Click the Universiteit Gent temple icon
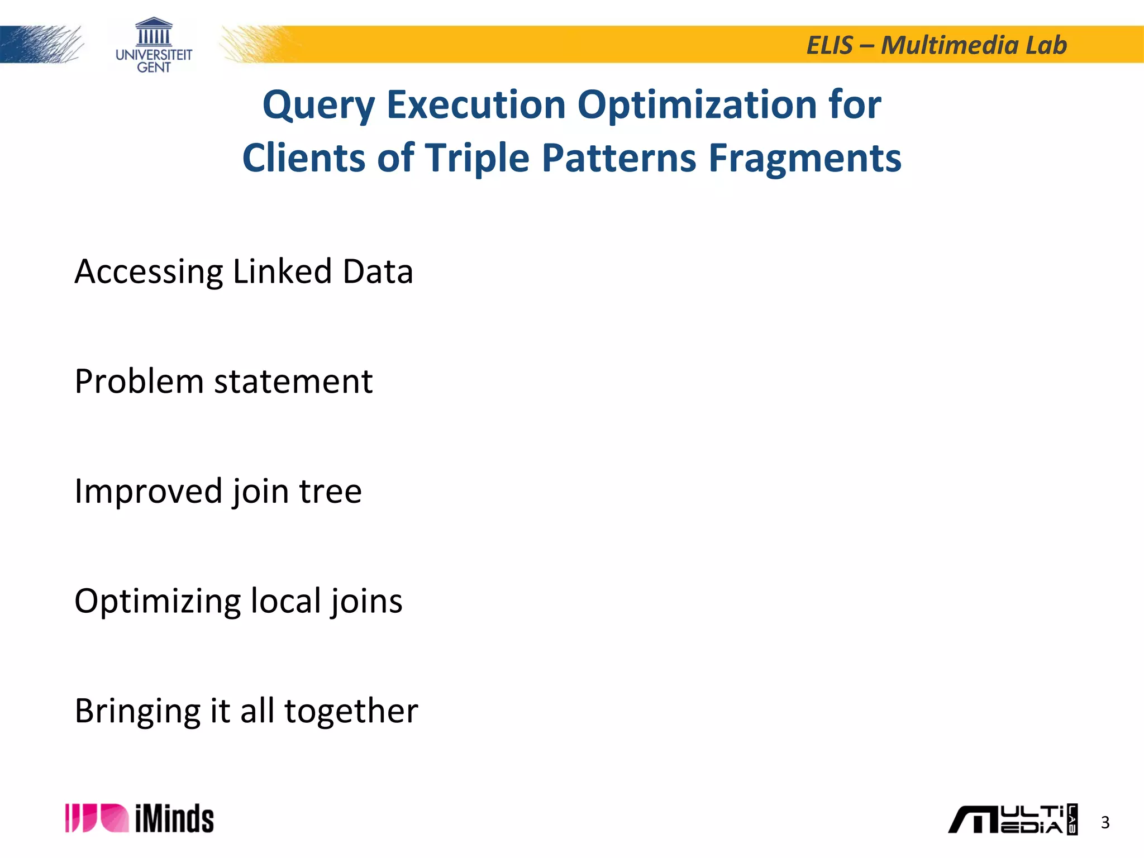[x=154, y=32]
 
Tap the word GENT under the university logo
[x=154, y=68]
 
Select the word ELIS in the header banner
[x=830, y=45]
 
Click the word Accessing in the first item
[x=149, y=272]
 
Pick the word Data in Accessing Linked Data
[x=378, y=271]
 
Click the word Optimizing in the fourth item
[x=158, y=602]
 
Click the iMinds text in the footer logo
[x=174, y=819]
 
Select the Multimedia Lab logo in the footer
[x=1012, y=819]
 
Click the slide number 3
[x=1105, y=822]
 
